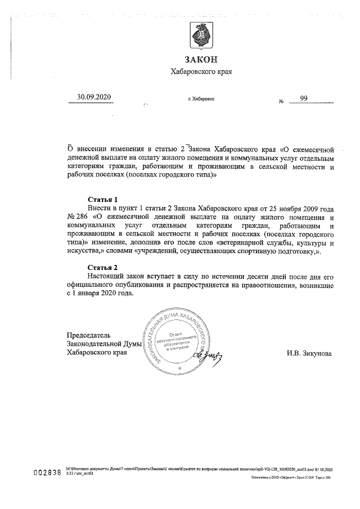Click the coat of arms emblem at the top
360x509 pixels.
(x=200, y=37)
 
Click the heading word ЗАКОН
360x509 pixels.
(x=200, y=60)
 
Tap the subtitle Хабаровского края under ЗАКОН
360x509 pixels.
(x=200, y=71)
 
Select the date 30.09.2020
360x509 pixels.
(x=94, y=97)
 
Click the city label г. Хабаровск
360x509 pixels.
(x=201, y=99)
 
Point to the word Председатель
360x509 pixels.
(x=85, y=335)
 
